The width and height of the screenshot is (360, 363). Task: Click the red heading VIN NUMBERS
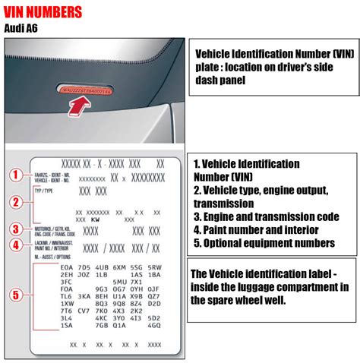point(44,13)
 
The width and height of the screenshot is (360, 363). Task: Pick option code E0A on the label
point(67,268)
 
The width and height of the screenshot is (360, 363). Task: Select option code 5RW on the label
point(154,268)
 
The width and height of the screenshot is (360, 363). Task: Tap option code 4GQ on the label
point(154,325)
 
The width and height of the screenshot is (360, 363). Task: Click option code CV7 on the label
point(84,311)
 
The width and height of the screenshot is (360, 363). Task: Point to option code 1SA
point(67,325)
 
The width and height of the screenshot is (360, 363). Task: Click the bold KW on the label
point(96,218)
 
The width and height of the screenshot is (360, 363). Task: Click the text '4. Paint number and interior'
point(256,229)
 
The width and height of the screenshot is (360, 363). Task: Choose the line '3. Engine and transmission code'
point(265,216)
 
